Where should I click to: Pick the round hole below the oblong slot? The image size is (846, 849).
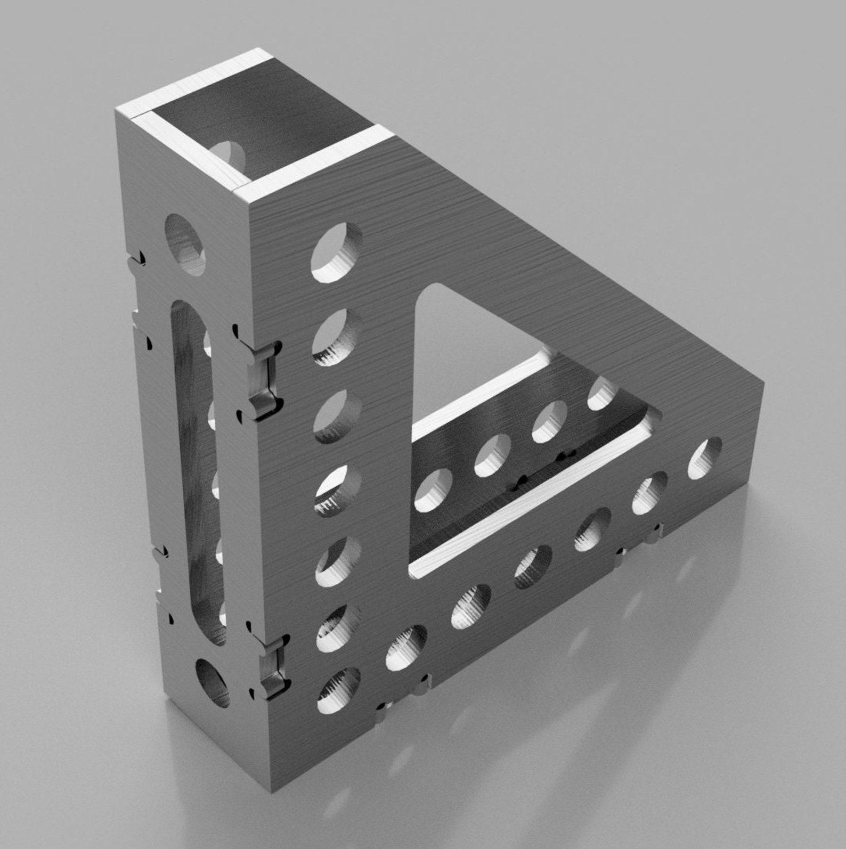point(213,682)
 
